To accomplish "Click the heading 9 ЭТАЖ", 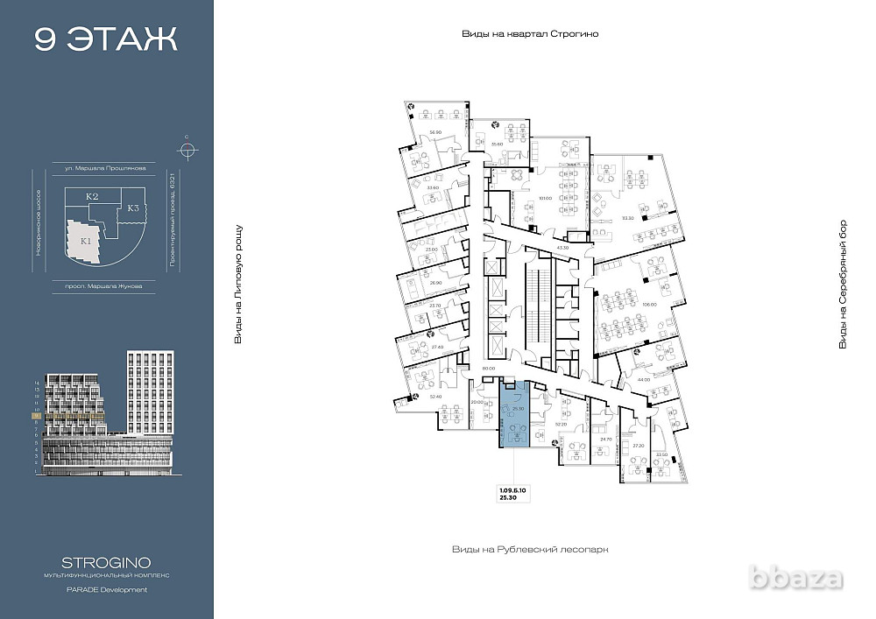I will pos(105,39).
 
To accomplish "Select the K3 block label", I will pos(133,208).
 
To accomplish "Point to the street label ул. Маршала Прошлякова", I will pos(105,166).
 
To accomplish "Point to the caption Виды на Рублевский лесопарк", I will pos(529,550).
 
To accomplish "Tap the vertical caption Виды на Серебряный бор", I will pos(844,284).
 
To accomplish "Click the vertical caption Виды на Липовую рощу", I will pos(237,284).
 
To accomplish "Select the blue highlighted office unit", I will pos(514,416).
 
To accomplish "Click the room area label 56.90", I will pos(434,133).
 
